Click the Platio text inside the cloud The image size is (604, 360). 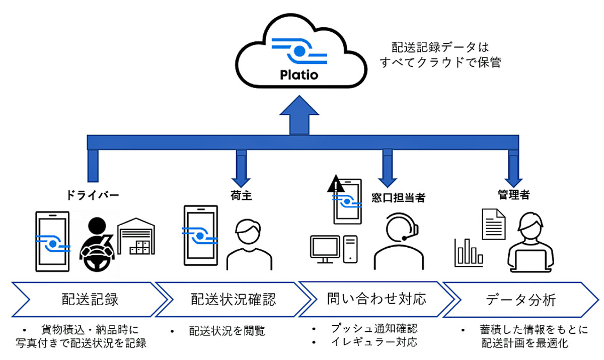point(299,75)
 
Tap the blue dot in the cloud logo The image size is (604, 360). point(299,51)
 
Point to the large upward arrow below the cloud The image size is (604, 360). point(299,115)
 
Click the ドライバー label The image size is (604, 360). point(93,195)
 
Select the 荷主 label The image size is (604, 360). point(241,195)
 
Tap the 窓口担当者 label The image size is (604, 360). point(398,198)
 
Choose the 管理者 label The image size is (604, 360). point(514,195)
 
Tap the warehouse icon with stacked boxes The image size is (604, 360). point(136,236)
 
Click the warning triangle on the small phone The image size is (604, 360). point(336,184)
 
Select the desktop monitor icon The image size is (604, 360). point(325,249)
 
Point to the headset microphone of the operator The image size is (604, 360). point(405,238)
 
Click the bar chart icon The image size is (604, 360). point(469,253)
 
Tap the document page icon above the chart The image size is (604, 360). point(493,224)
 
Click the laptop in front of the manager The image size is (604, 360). point(531,261)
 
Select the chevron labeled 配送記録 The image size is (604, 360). point(90,299)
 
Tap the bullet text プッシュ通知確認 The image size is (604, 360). point(374,328)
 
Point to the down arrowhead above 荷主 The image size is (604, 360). point(241,183)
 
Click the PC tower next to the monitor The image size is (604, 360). point(350,249)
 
